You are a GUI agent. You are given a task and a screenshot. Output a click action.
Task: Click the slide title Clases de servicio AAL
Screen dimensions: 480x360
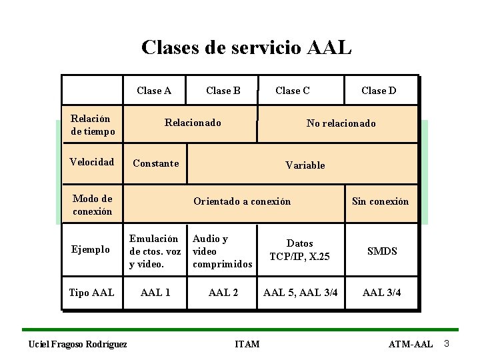[x=246, y=47]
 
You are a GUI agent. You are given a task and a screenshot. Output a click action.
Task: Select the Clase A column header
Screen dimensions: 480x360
[x=153, y=91]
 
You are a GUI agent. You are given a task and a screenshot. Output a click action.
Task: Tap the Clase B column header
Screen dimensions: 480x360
[x=223, y=91]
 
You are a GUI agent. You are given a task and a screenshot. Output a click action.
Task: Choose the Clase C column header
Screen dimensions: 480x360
[x=292, y=91]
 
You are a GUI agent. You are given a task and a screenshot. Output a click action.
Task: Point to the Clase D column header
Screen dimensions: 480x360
[x=378, y=91]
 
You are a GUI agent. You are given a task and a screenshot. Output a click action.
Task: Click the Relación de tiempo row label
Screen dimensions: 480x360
[x=92, y=125]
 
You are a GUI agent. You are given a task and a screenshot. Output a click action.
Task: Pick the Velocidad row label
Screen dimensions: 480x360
[x=92, y=162]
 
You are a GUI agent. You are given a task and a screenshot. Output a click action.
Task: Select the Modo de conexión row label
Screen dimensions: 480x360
[x=92, y=205]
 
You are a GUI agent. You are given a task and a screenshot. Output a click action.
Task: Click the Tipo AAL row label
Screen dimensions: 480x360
[x=92, y=293]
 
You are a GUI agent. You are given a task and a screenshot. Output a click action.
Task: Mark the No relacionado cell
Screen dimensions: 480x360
[x=341, y=123]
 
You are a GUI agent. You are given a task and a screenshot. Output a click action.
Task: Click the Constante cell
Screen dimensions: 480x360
[x=155, y=163]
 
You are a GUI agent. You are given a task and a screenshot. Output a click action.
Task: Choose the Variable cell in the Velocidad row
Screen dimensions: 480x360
[x=305, y=165]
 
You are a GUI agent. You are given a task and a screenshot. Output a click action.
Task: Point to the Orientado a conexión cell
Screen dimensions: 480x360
[x=242, y=201]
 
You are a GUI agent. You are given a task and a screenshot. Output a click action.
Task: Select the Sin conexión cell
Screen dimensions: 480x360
[x=380, y=201]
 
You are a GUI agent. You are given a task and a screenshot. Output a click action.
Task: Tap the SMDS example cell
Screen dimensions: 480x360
[x=382, y=251]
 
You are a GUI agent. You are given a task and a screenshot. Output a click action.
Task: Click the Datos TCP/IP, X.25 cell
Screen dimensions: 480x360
[x=299, y=249]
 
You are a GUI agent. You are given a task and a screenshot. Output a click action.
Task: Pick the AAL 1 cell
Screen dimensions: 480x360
[x=157, y=293]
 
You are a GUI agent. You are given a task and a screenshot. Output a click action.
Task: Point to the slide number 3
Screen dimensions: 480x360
[x=447, y=343]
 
